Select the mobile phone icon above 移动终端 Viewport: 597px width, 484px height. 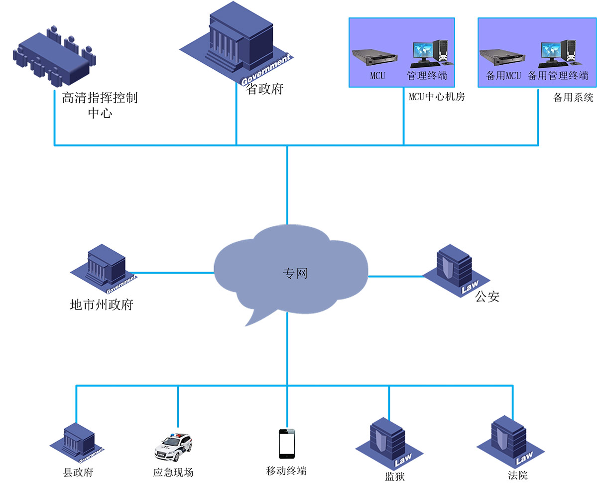(287, 443)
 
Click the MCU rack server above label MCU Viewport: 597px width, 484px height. (375, 57)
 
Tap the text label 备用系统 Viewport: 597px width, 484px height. (573, 98)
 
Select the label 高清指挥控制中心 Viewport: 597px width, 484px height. (100, 105)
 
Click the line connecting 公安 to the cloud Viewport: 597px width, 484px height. (396, 276)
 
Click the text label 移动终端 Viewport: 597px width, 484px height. (286, 471)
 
